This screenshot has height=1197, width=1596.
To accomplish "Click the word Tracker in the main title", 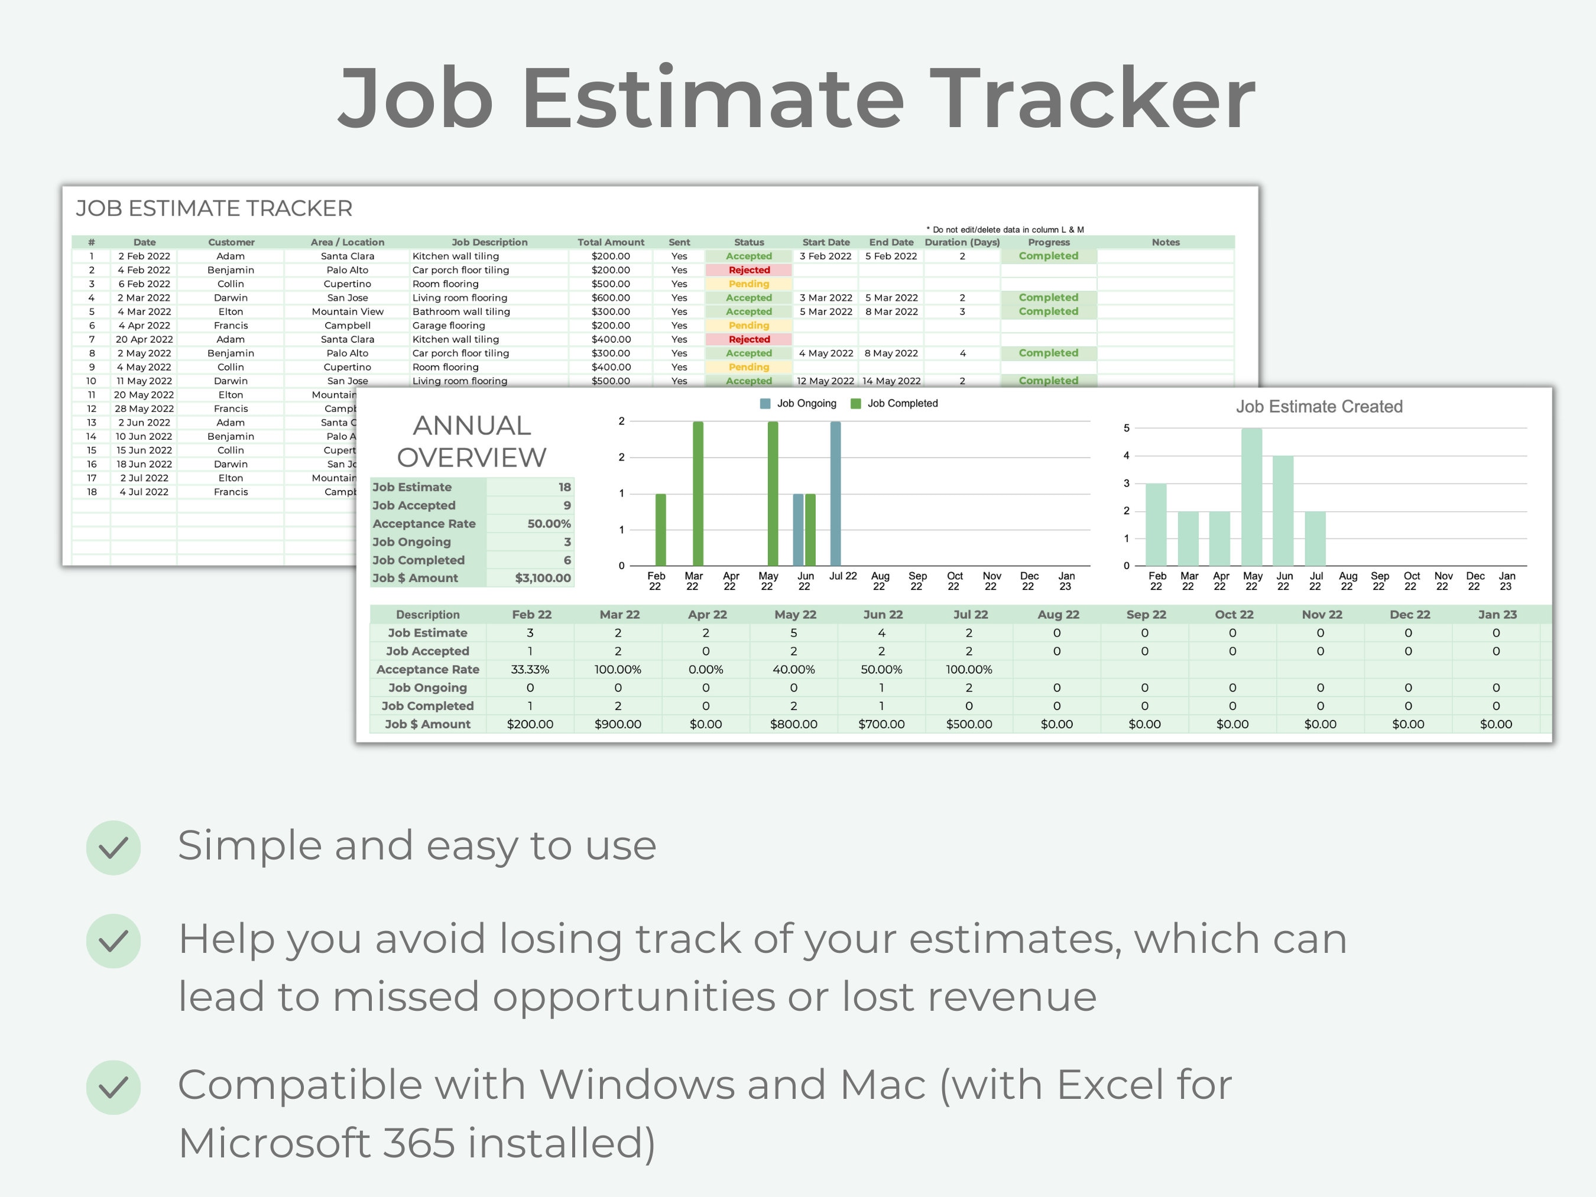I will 1092,99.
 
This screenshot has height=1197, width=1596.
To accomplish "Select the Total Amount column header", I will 611,242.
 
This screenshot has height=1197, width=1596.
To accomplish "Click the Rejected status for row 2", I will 749,270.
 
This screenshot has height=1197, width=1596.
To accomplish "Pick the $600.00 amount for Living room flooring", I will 611,298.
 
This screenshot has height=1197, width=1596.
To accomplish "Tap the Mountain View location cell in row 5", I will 347,312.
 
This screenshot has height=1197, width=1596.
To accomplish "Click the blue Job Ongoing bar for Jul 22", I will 835,494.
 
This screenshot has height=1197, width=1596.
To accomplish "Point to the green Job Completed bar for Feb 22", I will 660,530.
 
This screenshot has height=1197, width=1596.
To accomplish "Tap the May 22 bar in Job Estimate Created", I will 1252,497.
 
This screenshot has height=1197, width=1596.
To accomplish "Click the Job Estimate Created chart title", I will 1319,407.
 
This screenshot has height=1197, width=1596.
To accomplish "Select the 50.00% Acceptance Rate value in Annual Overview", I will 549,524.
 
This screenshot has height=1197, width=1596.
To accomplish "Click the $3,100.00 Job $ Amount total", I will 543,578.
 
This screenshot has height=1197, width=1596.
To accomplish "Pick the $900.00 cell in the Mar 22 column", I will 618,724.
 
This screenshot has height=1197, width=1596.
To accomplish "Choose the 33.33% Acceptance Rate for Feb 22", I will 530,670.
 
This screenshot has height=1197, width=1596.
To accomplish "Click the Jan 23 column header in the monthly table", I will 1497,615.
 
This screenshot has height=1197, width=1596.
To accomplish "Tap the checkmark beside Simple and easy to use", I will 113,848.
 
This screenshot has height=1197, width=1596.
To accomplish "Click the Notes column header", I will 1165,242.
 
